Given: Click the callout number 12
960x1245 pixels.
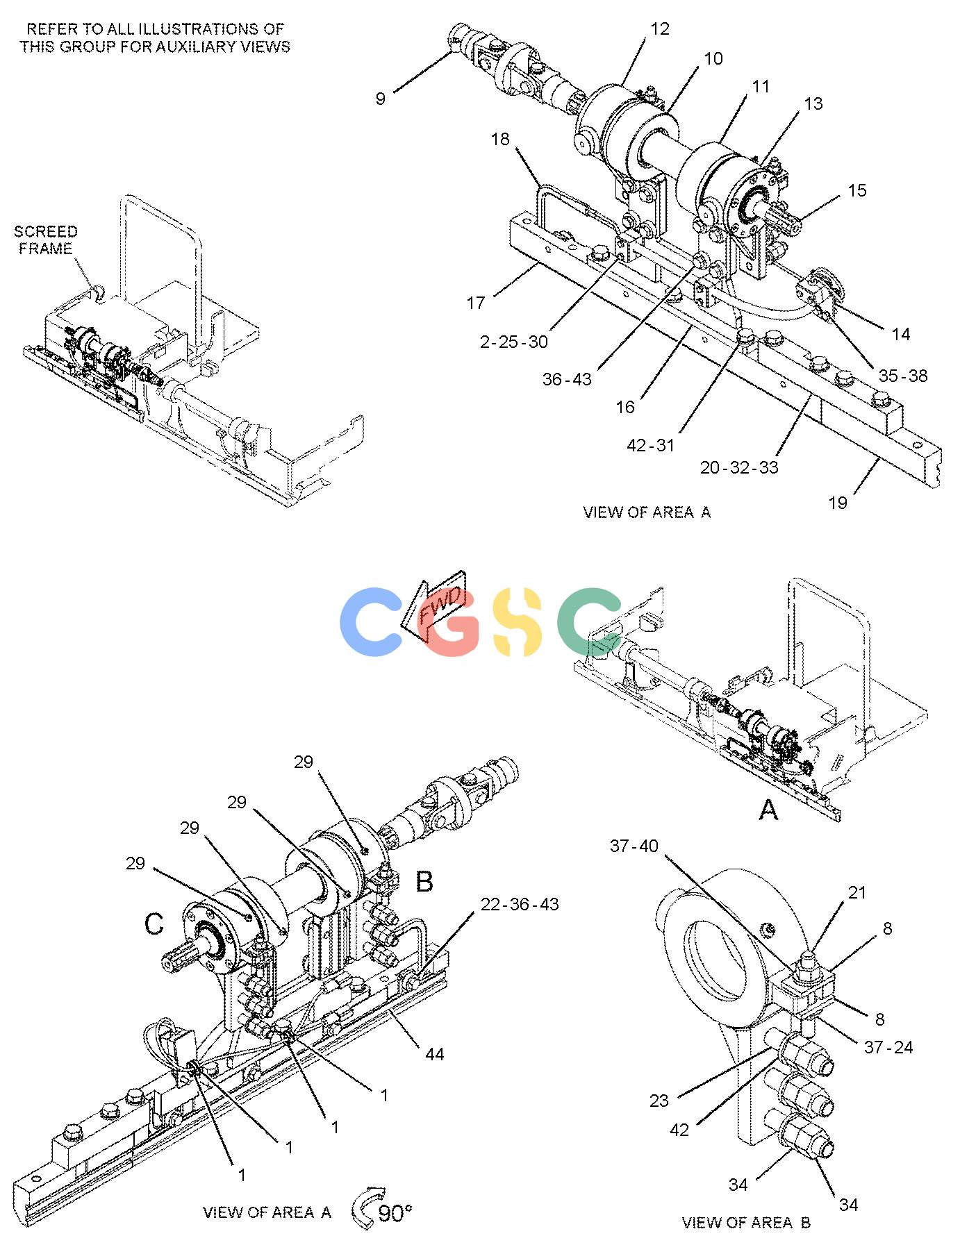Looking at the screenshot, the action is (659, 28).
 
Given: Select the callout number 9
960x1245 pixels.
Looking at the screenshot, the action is (381, 99).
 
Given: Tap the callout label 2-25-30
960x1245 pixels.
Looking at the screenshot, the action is (514, 342).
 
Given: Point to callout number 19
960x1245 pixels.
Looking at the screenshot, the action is (838, 503).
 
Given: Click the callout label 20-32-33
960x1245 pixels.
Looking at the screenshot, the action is (739, 467).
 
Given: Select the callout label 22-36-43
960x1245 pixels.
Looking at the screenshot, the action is (520, 905).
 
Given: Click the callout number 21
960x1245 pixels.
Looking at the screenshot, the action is (858, 892).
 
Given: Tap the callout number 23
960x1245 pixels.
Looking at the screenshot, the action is (659, 1100).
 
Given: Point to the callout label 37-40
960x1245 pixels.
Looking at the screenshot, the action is (634, 846).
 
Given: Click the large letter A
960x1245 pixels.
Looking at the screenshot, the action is (768, 809).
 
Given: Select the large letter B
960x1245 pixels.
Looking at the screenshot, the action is (424, 881).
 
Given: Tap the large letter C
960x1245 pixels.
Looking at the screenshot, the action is (154, 924).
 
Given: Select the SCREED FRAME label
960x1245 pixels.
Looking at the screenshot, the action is (46, 240).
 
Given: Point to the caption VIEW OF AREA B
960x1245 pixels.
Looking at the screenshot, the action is (746, 1222).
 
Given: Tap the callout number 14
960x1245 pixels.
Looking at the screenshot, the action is (901, 334).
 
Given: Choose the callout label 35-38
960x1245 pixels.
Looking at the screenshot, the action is (903, 376).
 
